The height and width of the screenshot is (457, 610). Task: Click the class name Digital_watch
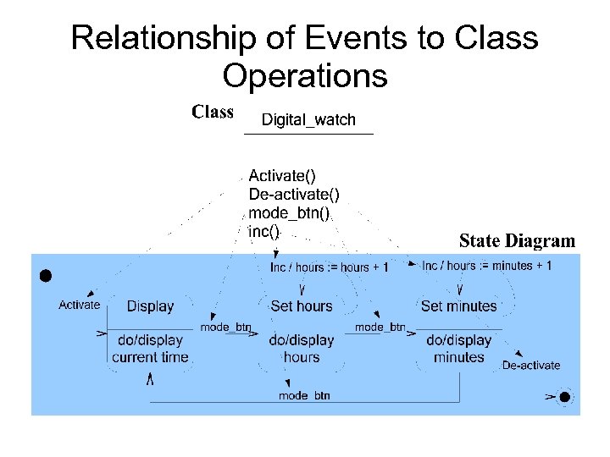pos(308,120)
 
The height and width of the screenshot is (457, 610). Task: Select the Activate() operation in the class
pos(282,176)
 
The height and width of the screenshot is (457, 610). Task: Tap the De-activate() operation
pos(293,195)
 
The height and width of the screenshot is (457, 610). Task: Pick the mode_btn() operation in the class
pos(288,212)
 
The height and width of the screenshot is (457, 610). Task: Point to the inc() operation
pos(263,230)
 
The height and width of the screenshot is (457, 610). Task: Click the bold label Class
pos(213,112)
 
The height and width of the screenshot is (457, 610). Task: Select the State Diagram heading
pos(517,241)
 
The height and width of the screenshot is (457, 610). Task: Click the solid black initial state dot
pos(46,275)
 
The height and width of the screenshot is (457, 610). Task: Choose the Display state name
pos(150,306)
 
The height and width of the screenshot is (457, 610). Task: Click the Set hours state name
pos(301,306)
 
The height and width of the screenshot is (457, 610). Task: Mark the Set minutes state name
pos(458,306)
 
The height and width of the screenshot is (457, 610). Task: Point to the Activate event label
pos(79,305)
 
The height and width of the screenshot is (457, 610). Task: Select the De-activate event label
pos(531,366)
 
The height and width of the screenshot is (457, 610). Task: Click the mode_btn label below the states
pos(304,395)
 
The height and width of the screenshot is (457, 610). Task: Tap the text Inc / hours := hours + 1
pos(329,267)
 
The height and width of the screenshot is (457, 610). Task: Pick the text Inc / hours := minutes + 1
pos(486,266)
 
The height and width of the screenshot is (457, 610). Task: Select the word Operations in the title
pos(305,76)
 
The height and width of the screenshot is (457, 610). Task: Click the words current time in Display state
pos(150,357)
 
